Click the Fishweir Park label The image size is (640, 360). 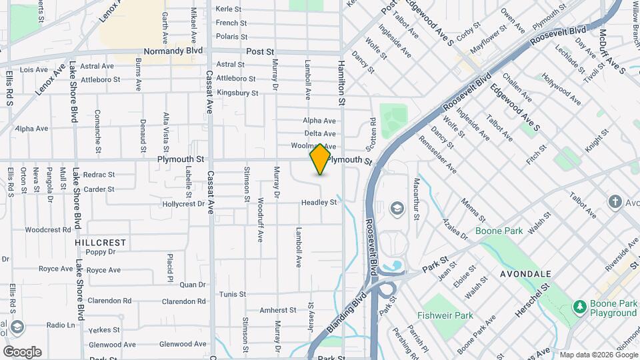(445, 315)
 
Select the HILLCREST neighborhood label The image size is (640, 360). (101, 243)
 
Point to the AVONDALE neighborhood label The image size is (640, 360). (525, 274)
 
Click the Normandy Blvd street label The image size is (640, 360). (173, 51)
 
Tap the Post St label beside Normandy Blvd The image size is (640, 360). (260, 51)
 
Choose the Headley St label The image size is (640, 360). (319, 202)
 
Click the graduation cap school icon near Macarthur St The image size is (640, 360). (397, 209)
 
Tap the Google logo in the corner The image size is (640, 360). (22, 351)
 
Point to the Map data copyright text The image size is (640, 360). (598, 355)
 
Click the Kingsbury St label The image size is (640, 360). (237, 93)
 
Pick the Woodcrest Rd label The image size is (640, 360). (47, 229)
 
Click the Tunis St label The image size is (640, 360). (233, 294)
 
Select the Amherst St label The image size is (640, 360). (277, 310)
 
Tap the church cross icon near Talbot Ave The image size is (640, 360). (615, 201)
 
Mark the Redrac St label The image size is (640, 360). (99, 175)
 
